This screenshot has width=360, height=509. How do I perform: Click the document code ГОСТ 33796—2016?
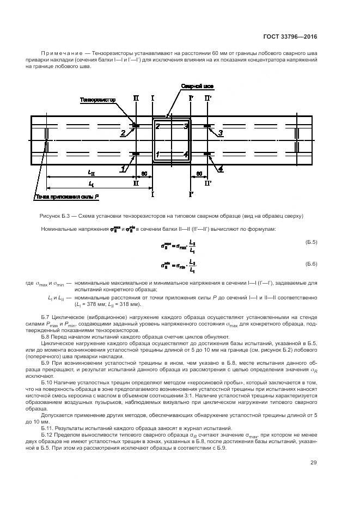click(x=294, y=37)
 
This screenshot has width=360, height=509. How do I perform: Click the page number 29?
click(x=313, y=463)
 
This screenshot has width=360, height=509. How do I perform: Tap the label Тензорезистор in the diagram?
click(x=99, y=100)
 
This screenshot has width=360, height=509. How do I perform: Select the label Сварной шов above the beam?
click(x=194, y=87)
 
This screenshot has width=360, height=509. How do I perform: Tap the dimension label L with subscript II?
click(x=91, y=173)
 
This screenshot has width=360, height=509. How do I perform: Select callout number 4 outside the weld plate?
click(x=220, y=169)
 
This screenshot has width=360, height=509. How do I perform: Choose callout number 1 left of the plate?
click(x=123, y=169)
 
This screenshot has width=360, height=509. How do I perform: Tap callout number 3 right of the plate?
click(x=220, y=132)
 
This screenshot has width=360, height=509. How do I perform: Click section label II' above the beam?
click(x=208, y=99)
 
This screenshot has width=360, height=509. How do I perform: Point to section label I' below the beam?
click(x=191, y=194)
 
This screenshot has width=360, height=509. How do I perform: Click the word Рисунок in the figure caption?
click(x=52, y=216)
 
